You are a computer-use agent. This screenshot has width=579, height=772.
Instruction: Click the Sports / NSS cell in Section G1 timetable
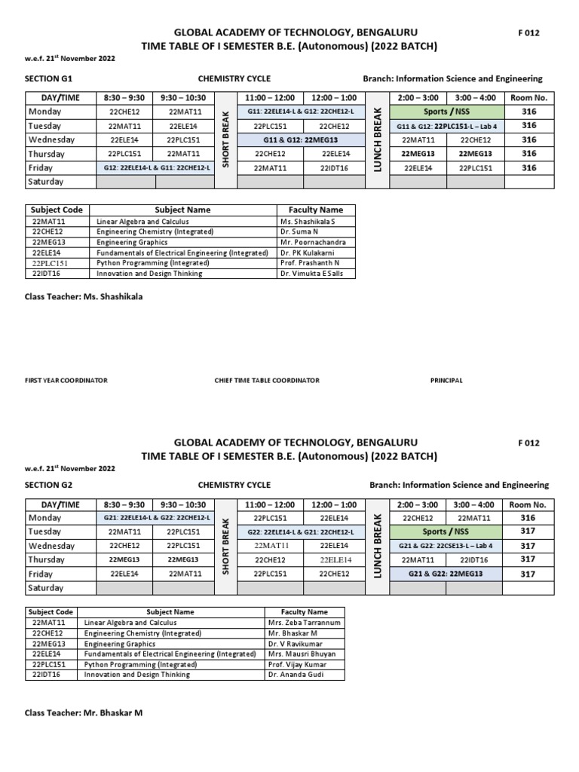coord(446,112)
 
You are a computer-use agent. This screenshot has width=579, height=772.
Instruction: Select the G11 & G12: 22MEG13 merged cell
coord(303,139)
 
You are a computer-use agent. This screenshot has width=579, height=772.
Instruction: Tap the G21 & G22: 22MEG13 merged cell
coord(446,574)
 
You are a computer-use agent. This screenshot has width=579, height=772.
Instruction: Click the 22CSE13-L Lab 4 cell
coord(446,546)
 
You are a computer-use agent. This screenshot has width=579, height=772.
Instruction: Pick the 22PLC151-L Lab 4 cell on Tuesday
coord(446,126)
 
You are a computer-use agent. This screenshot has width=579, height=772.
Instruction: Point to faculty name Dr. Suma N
coord(296,232)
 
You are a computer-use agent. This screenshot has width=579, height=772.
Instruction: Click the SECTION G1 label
coord(48,79)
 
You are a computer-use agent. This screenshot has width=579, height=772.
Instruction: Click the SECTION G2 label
coord(48,485)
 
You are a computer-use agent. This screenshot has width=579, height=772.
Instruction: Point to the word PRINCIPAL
coord(446,381)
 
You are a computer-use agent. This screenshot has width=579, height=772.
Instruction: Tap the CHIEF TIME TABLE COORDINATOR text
coord(267,381)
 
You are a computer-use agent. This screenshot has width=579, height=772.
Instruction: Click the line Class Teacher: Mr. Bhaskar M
coord(84,712)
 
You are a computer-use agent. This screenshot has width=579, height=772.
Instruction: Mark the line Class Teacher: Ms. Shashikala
coord(84,297)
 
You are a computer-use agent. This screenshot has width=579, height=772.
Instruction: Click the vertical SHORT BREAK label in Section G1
coord(225,140)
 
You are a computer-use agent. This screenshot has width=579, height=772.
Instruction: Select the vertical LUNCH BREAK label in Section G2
coord(378,546)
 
